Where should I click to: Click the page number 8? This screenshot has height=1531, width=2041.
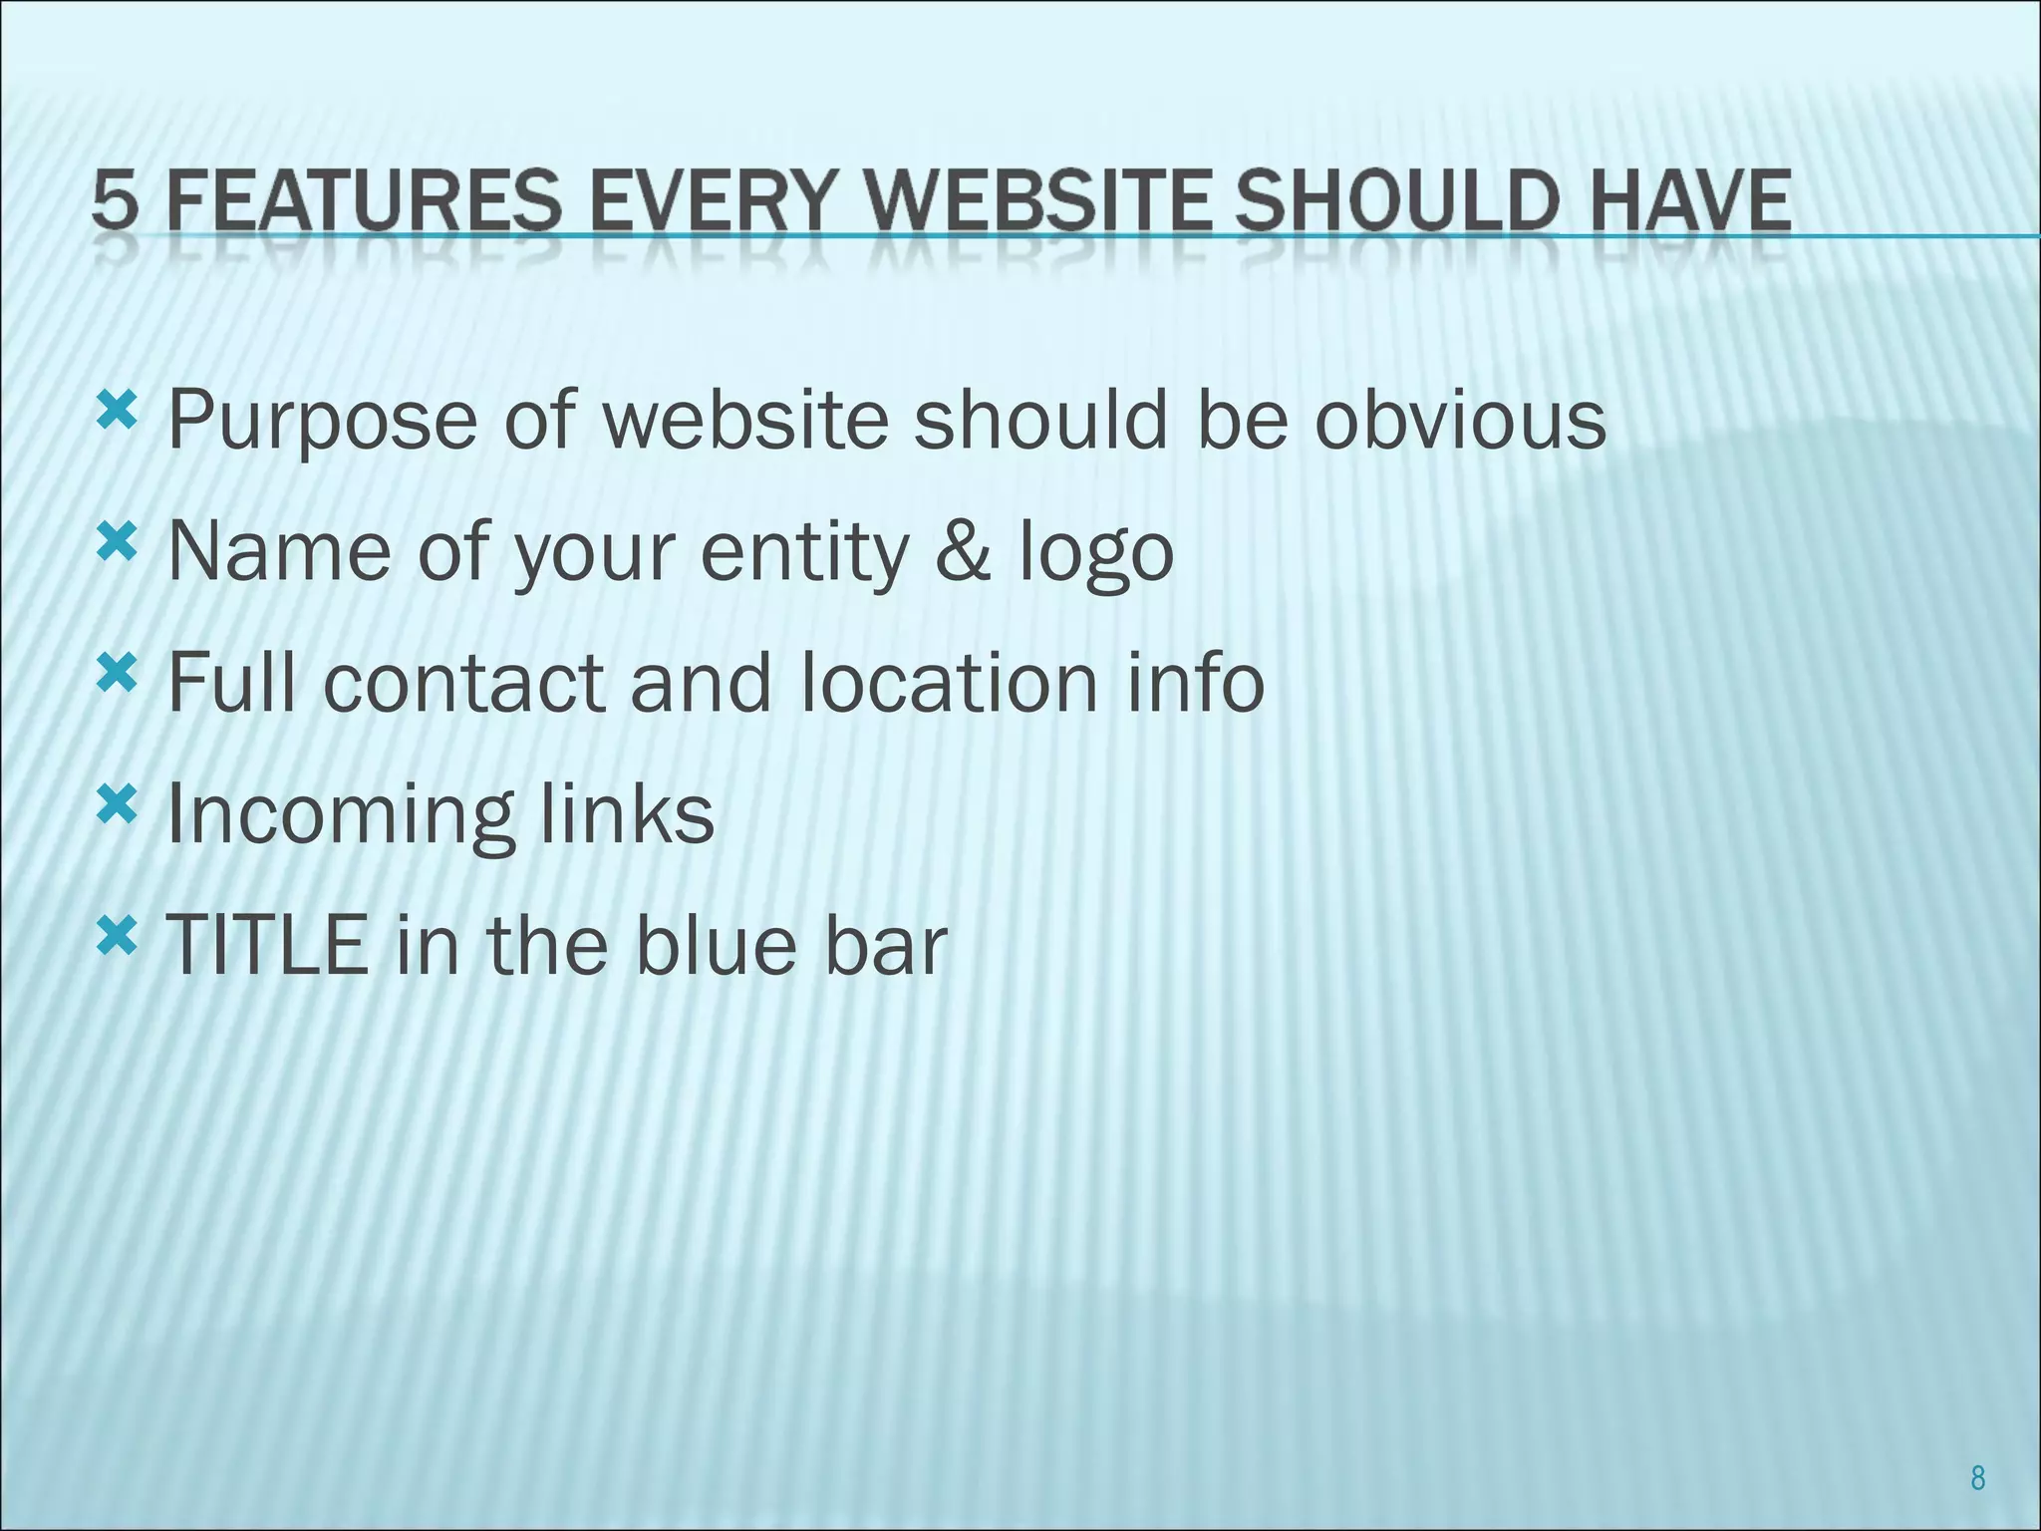tap(1978, 1479)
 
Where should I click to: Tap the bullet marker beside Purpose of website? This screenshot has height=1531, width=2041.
tap(116, 411)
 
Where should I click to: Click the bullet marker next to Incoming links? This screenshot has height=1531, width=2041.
tap(116, 803)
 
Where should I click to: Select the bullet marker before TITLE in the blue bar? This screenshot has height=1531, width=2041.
tap(116, 935)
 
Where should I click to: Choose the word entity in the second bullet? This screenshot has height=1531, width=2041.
tap(805, 553)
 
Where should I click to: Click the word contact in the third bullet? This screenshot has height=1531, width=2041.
tap(463, 683)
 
